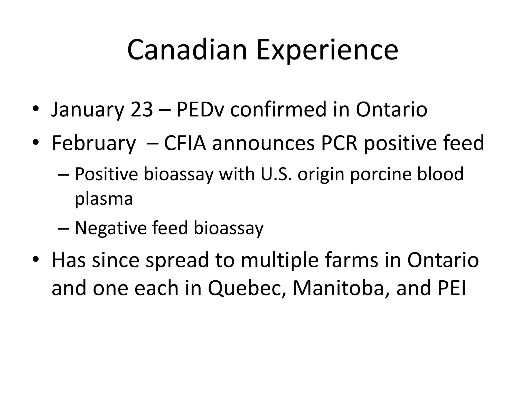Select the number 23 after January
(142, 109)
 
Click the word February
(94, 143)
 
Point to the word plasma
(104, 199)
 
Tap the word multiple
(280, 261)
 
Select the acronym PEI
(452, 288)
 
